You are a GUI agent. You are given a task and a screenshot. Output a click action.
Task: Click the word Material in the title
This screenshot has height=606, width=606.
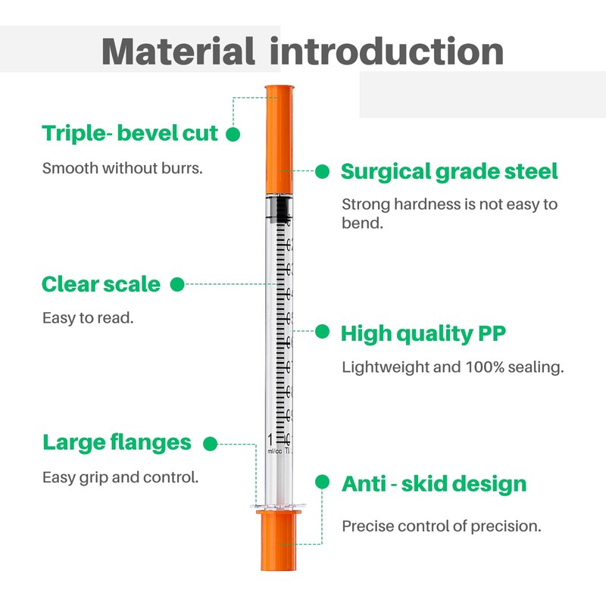click(178, 51)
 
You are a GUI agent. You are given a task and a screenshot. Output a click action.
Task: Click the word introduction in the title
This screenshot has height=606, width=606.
click(387, 51)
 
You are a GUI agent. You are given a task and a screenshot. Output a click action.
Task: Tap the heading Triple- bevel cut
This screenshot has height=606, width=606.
click(130, 134)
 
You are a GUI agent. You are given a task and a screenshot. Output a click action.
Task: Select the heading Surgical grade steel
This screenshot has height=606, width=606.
click(449, 171)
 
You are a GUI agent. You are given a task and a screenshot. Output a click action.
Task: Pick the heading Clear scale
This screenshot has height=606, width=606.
click(101, 284)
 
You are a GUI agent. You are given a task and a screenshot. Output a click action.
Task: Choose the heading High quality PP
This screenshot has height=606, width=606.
click(423, 333)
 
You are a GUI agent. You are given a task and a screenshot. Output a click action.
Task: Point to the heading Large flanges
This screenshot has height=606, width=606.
click(117, 442)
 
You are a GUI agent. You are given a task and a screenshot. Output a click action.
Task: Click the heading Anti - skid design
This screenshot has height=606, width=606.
click(433, 483)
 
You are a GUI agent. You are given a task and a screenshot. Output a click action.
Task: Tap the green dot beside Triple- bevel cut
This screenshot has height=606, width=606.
click(233, 134)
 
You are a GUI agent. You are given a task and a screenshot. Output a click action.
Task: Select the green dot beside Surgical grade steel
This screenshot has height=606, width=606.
click(323, 171)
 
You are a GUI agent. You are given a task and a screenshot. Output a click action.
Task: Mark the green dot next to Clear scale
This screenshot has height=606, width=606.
click(177, 284)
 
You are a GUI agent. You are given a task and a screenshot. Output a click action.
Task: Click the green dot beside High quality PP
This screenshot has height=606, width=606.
click(323, 332)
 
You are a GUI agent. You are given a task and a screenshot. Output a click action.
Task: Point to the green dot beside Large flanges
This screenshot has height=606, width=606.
click(211, 443)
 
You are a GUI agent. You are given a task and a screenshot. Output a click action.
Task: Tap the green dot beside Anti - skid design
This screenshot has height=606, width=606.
click(323, 483)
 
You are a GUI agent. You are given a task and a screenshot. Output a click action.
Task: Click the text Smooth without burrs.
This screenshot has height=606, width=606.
click(122, 168)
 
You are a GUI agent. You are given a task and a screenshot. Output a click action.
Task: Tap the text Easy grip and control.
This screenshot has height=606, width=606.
click(120, 477)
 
